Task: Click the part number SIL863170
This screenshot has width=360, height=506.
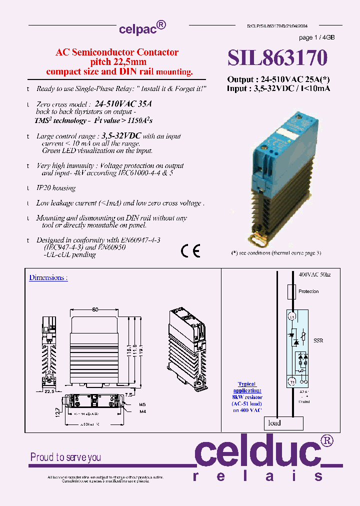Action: coord(277,58)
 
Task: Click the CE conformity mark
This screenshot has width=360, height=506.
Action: coord(190,251)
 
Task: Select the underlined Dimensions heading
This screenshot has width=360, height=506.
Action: coord(48,277)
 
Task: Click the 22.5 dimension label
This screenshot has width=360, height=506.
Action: coord(48,391)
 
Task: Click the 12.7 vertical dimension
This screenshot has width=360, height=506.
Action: coord(58,412)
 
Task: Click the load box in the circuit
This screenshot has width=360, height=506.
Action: coord(284,423)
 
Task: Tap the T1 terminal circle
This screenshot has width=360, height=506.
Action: coord(291,381)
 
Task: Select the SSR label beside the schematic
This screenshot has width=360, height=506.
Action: coord(318,340)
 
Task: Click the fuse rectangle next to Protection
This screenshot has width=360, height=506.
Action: coord(291,291)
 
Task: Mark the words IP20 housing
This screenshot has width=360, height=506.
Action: coord(56,188)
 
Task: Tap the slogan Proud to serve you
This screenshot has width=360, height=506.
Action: coord(65,457)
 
